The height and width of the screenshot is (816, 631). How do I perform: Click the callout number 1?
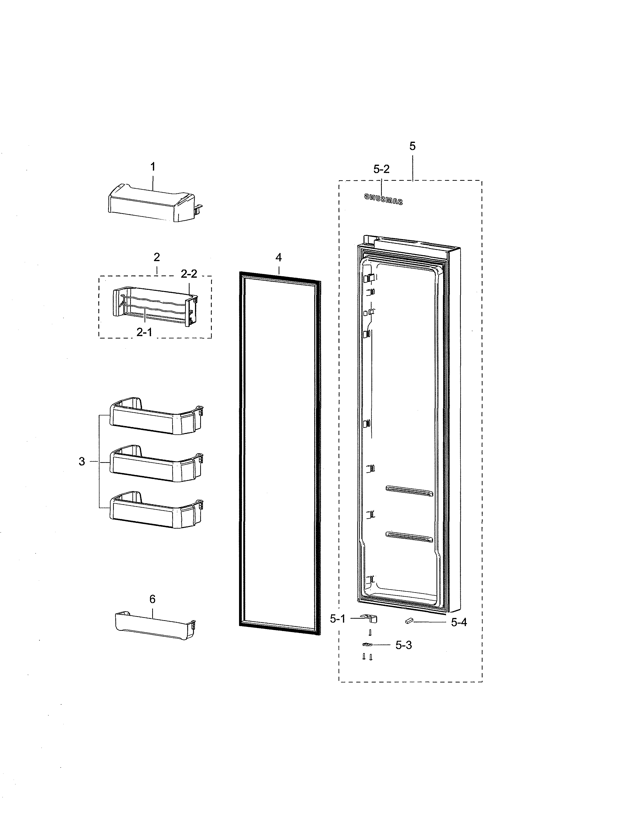pos(152,167)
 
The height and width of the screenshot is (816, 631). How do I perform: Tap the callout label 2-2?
pos(189,274)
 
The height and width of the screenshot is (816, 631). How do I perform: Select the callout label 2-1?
pos(144,332)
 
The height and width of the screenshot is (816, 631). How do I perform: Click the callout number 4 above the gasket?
pos(278,257)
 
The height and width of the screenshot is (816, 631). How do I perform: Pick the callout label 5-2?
pos(381,169)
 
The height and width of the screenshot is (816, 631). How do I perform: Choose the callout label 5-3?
pos(404,645)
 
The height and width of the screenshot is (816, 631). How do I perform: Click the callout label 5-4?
pos(459,622)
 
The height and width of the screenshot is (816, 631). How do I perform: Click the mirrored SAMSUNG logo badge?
pos(384,199)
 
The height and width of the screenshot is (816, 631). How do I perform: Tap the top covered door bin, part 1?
pos(151,204)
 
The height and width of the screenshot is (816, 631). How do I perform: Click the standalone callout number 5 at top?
pos(412,146)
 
